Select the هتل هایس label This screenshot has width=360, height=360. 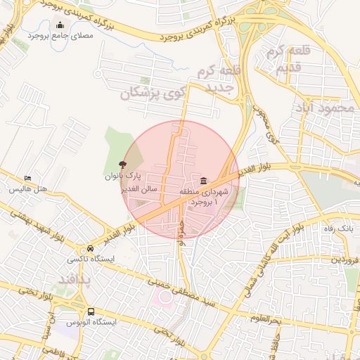click(x=28, y=189)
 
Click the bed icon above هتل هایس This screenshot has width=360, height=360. click(x=27, y=179)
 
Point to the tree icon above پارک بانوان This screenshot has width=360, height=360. click(x=124, y=164)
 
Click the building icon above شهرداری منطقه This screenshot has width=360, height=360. click(x=203, y=181)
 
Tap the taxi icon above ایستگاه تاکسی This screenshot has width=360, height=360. click(x=90, y=249)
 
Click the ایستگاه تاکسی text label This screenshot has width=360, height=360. click(x=90, y=259)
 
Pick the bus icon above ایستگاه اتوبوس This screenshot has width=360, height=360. click(x=91, y=311)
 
